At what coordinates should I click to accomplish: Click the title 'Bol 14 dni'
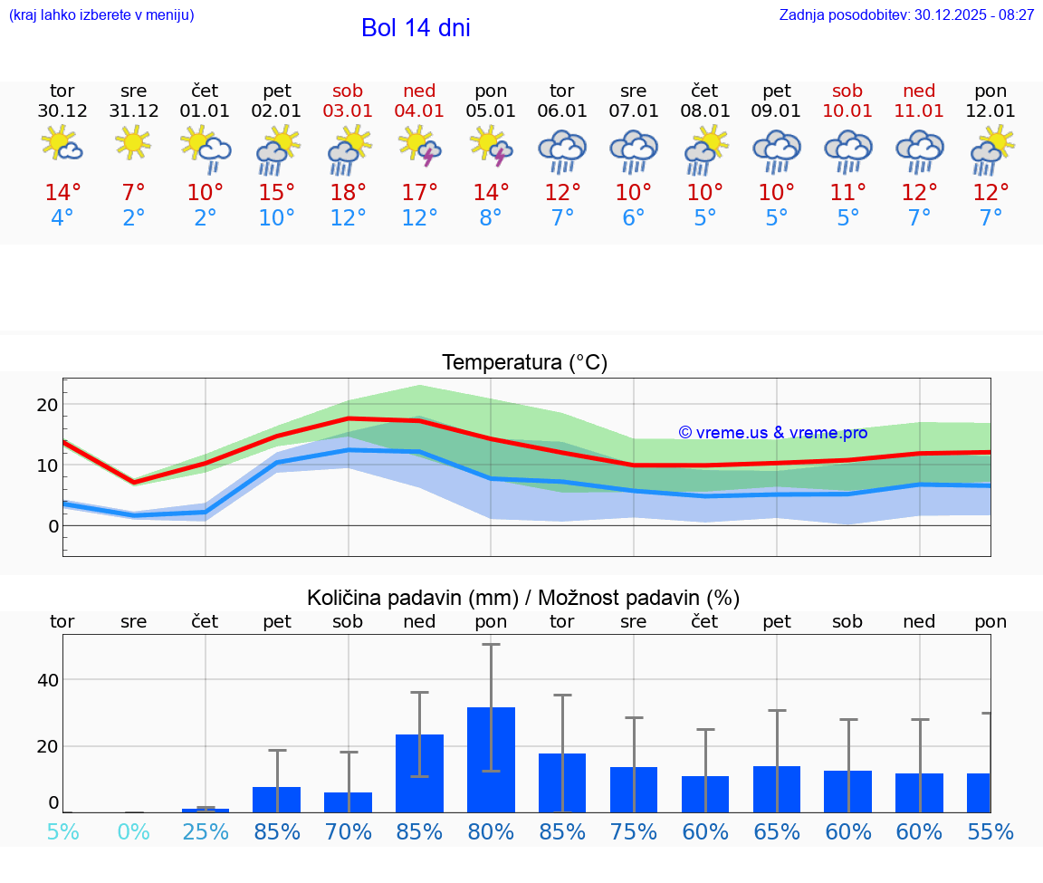pyautogui.click(x=416, y=28)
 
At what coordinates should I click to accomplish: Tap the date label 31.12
pyautogui.click(x=134, y=111)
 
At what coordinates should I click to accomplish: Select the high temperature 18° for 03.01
pyautogui.click(x=349, y=193)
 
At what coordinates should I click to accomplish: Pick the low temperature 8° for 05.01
pyautogui.click(x=491, y=218)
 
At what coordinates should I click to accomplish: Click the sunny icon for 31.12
pyautogui.click(x=134, y=142)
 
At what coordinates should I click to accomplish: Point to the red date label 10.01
pyautogui.click(x=847, y=111)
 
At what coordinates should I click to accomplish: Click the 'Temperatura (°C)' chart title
pyautogui.click(x=524, y=363)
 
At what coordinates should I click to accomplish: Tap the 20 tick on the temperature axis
pyautogui.click(x=47, y=405)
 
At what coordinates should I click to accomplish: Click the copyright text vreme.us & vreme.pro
pyautogui.click(x=772, y=433)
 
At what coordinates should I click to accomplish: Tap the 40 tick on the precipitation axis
pyautogui.click(x=47, y=680)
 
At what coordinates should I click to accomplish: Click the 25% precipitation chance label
pyautogui.click(x=206, y=831)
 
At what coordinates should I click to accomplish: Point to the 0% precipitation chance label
pyautogui.click(x=134, y=831)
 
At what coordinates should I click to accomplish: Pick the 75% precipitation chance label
pyautogui.click(x=634, y=831)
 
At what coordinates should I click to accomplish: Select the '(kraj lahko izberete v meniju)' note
pyautogui.click(x=101, y=15)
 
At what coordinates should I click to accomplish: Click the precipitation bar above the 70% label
pyautogui.click(x=349, y=801)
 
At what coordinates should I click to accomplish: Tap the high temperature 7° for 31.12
pyautogui.click(x=134, y=193)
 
